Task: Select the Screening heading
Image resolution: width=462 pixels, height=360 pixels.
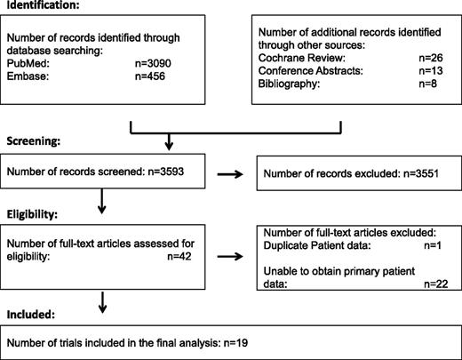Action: (x=35, y=140)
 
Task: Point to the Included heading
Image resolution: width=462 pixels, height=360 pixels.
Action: (x=32, y=314)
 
